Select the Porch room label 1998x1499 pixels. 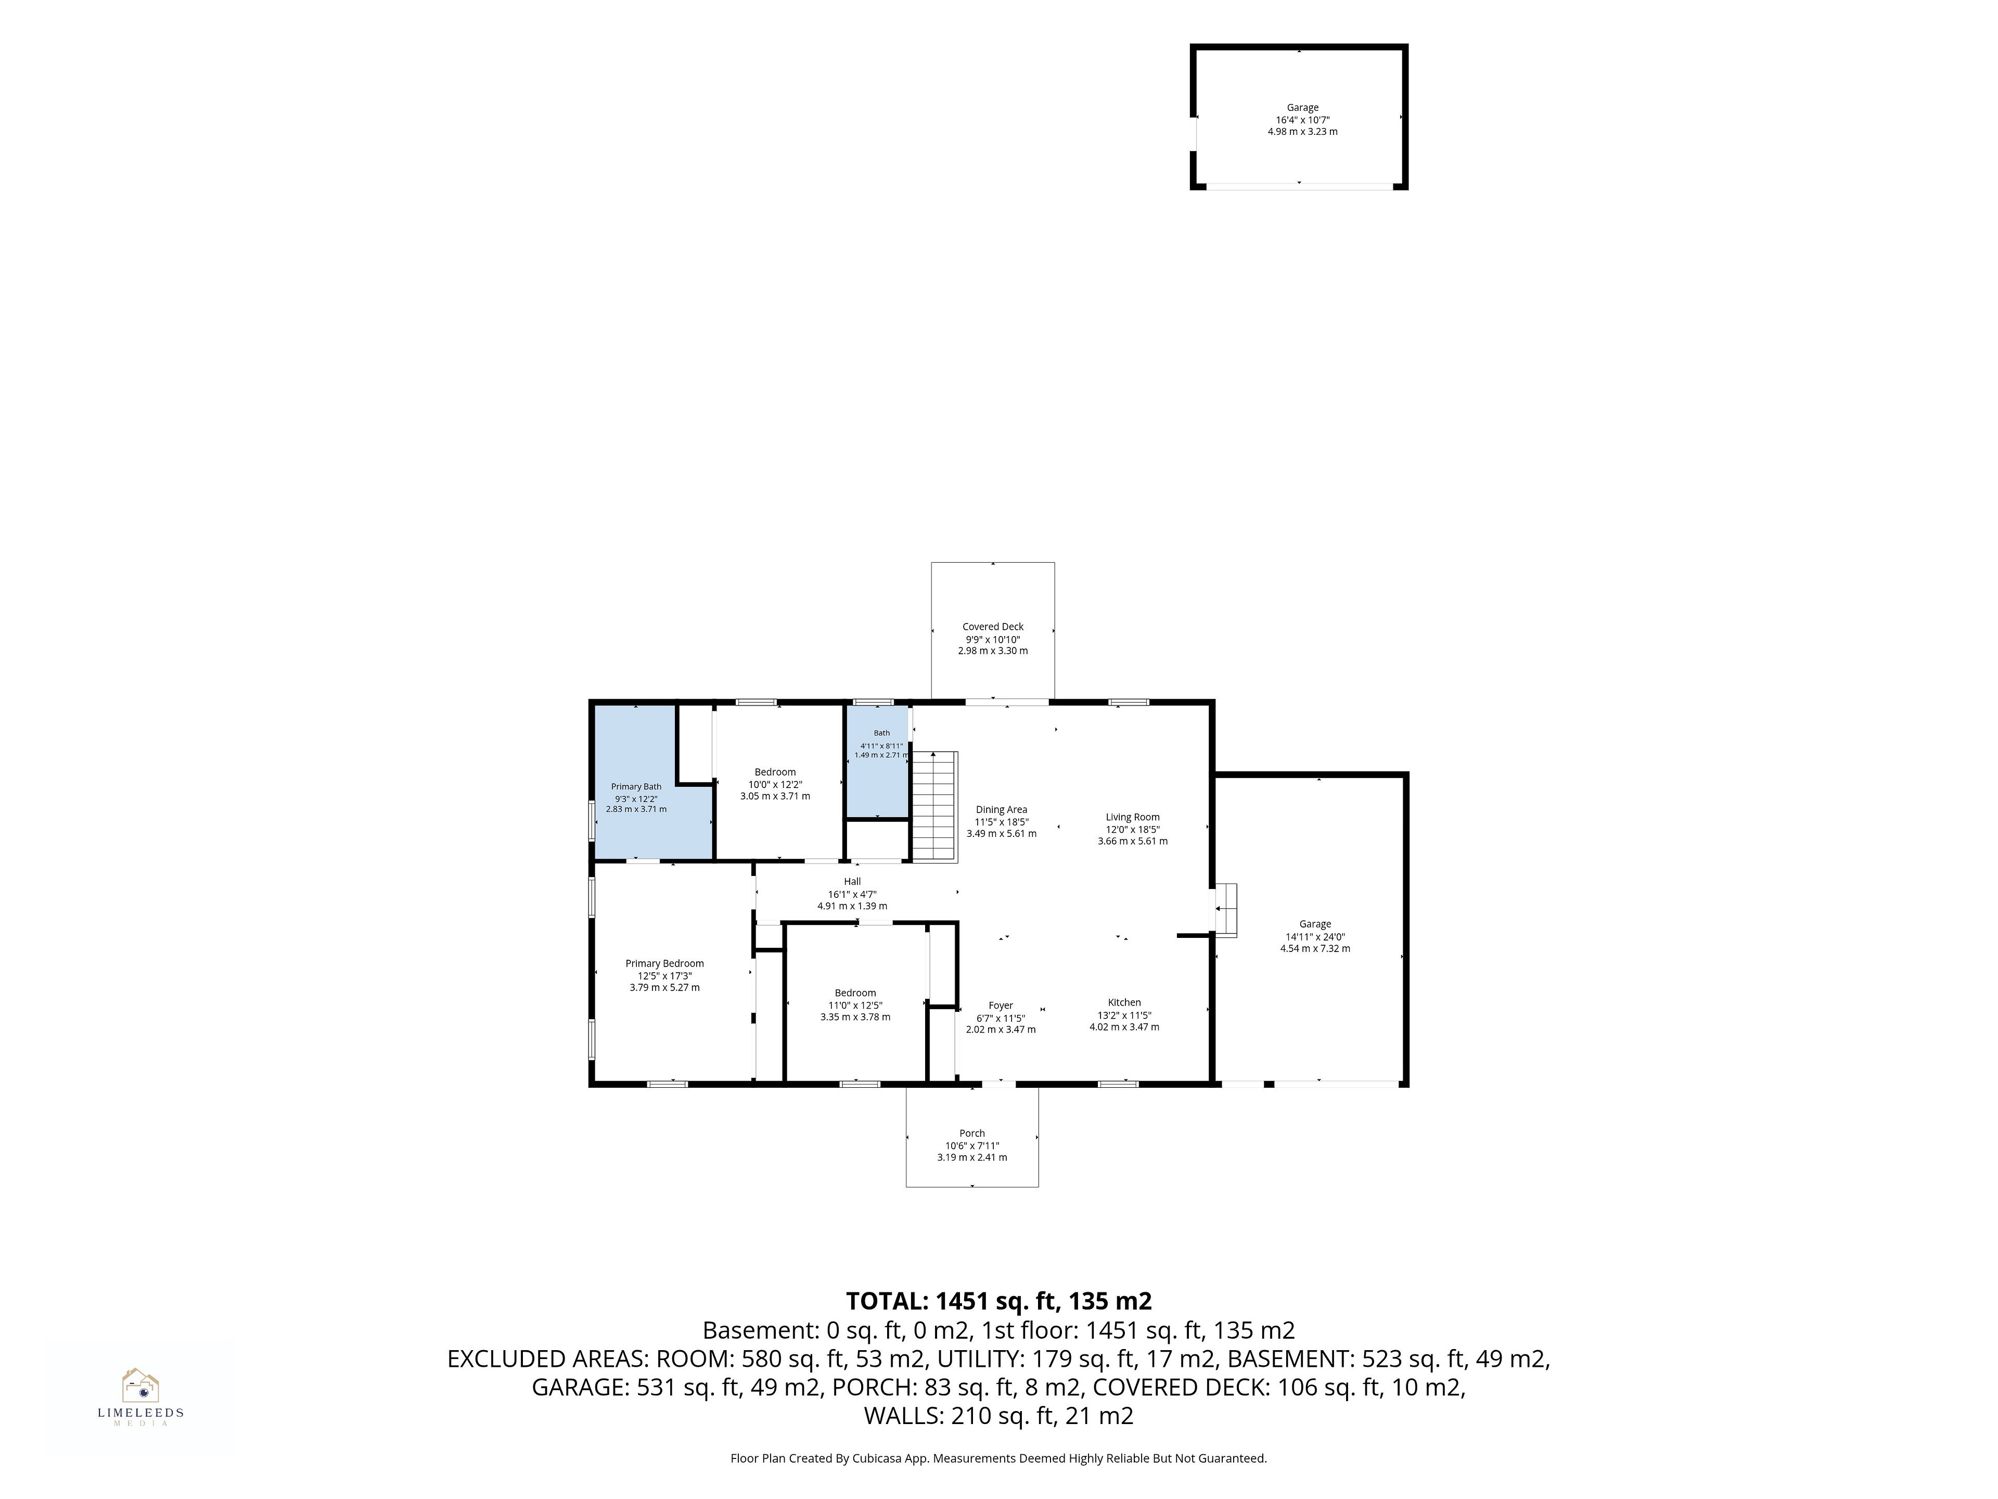(x=972, y=1133)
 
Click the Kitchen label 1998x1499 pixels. (x=1124, y=1002)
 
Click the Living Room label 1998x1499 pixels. (x=1133, y=817)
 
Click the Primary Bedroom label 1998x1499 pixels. (x=665, y=963)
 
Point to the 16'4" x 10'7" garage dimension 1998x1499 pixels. (x=1302, y=119)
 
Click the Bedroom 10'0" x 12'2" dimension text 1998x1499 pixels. (x=775, y=784)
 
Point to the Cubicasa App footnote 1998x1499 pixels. (x=999, y=1483)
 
